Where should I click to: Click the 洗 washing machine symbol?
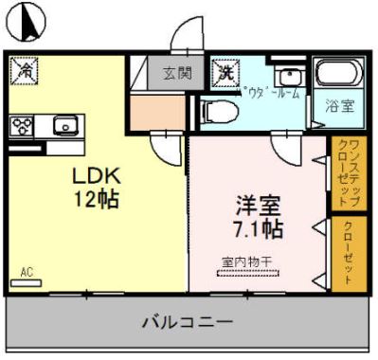click(x=226, y=70)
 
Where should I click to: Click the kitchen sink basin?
click(x=63, y=124)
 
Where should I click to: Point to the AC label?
click(x=27, y=273)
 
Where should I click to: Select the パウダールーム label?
click(x=272, y=93)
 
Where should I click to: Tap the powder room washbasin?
click(x=288, y=75)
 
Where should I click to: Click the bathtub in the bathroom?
click(x=336, y=74)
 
